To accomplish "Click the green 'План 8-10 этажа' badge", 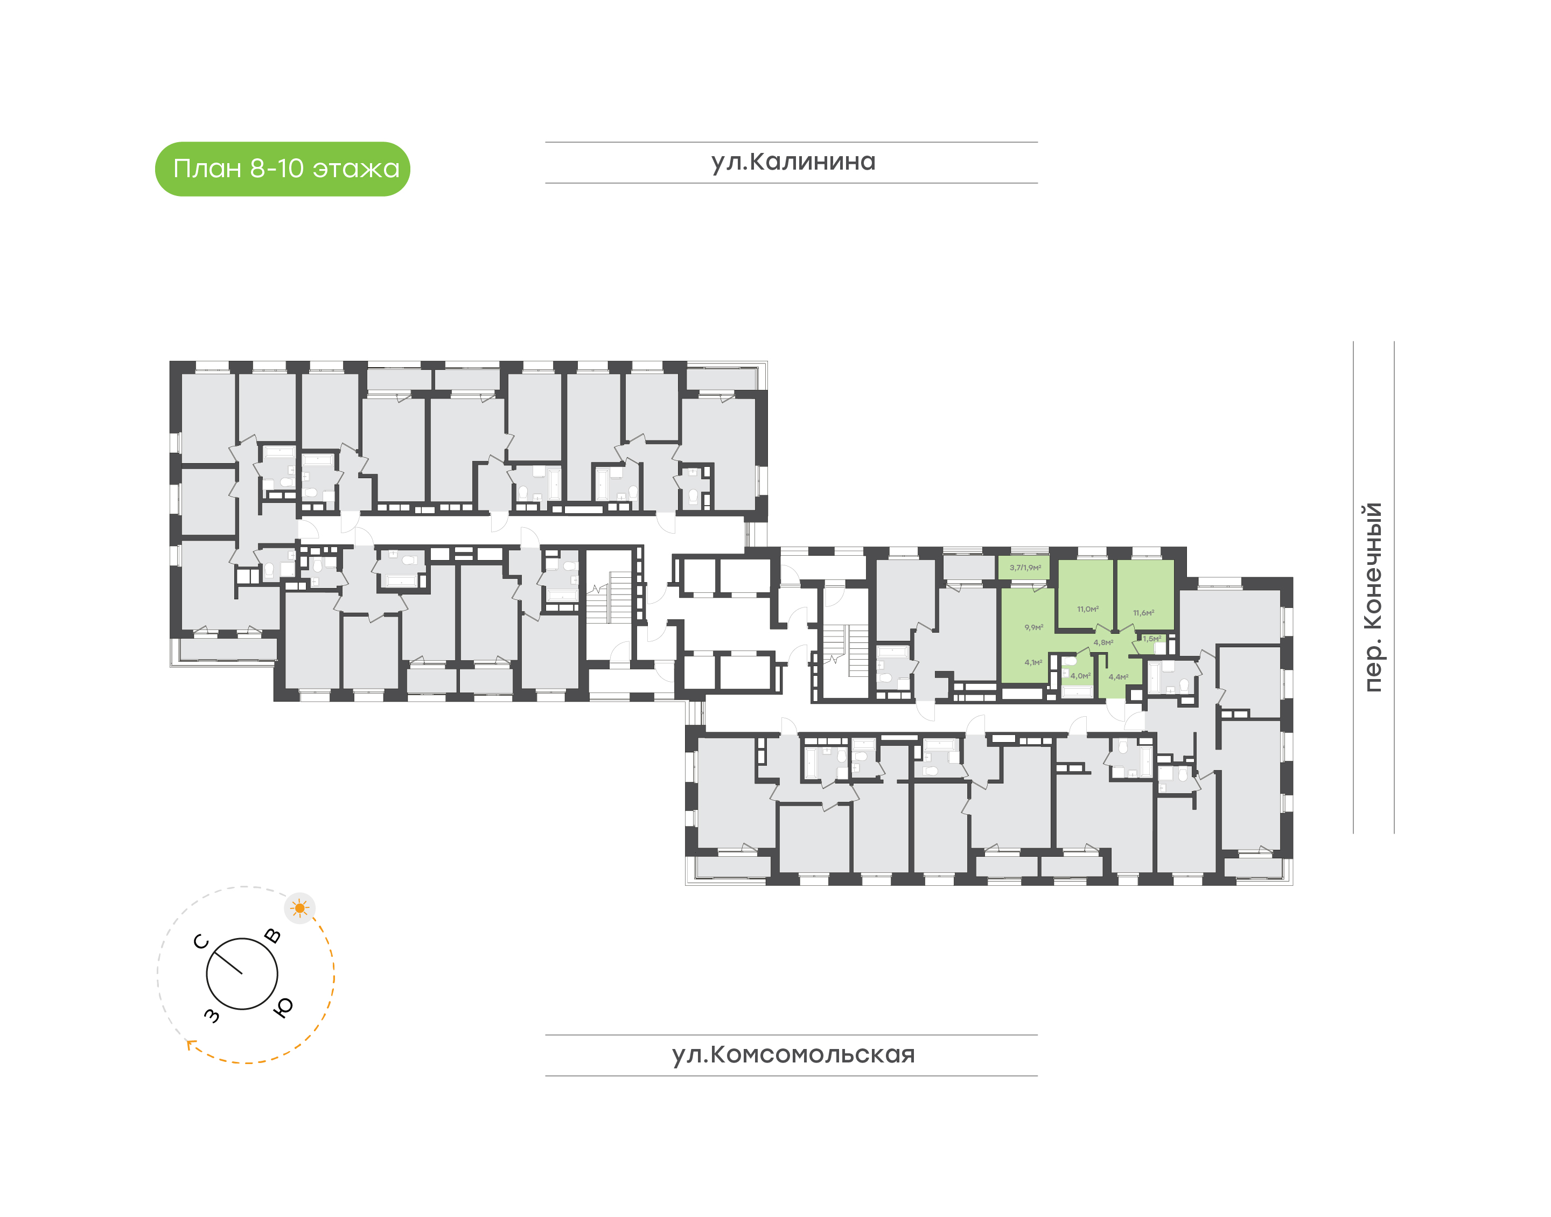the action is [282, 169].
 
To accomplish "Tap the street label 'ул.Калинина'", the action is [793, 162].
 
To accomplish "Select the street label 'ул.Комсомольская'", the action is [793, 1054].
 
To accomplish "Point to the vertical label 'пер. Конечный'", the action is [1372, 597].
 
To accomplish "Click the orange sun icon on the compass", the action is [299, 908].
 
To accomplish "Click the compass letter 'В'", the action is [272, 935].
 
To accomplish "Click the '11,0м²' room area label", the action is [1088, 609].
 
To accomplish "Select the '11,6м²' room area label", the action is [1143, 613].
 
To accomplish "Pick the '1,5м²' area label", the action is [1152, 639].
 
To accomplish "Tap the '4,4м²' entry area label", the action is [1118, 677].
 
